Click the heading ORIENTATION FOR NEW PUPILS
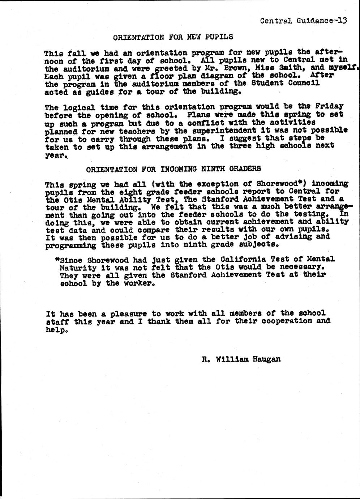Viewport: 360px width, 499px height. [173, 37]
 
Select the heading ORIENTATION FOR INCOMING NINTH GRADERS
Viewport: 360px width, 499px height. [173, 169]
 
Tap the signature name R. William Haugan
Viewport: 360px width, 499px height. [241, 359]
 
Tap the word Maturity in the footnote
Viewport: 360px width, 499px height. [78, 268]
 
